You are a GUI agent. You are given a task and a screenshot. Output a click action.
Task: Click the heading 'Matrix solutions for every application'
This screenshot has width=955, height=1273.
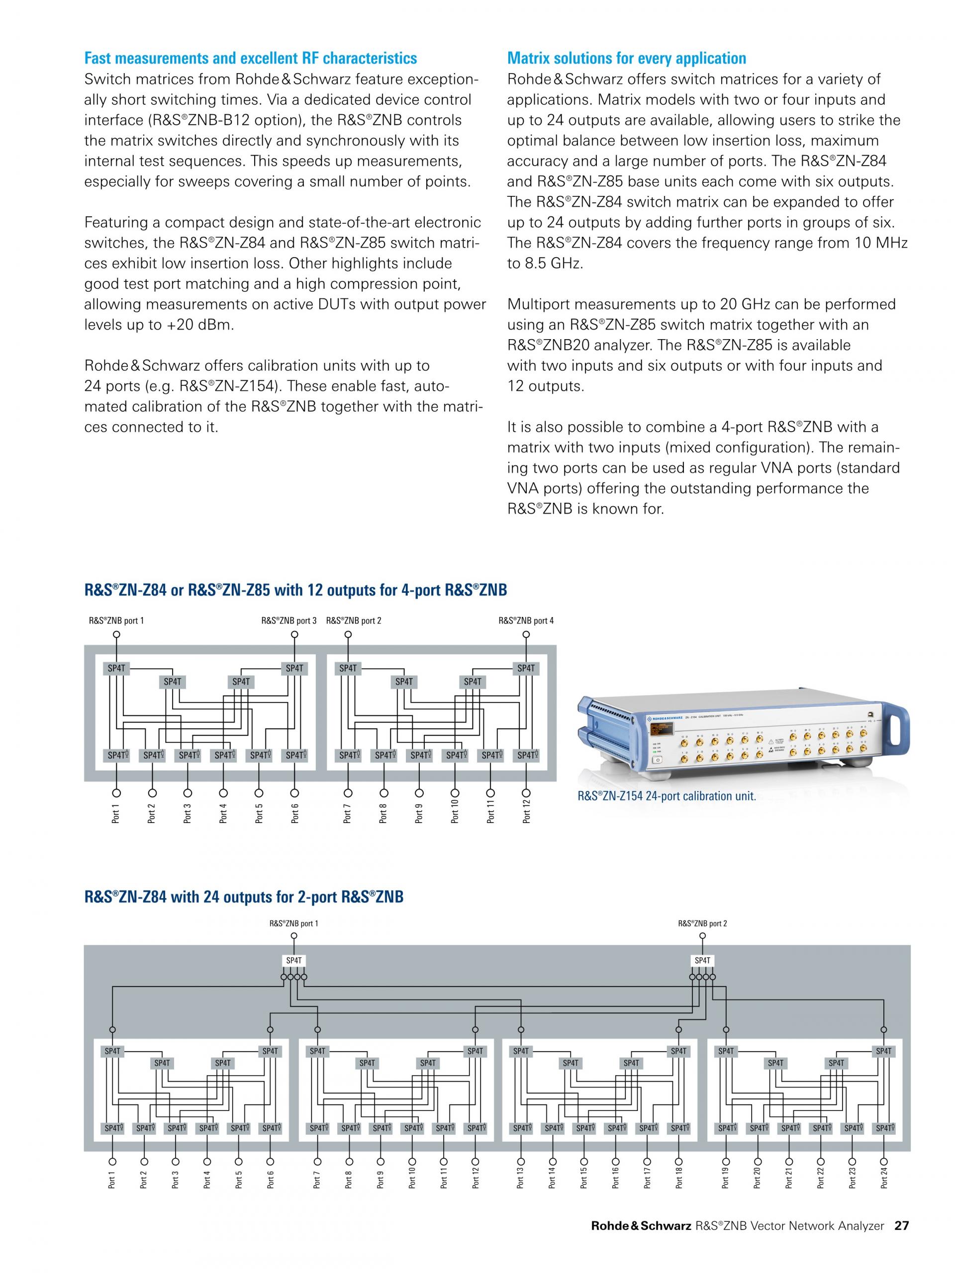(x=626, y=58)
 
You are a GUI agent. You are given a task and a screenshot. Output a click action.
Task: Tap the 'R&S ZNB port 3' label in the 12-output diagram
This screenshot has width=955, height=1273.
(x=288, y=621)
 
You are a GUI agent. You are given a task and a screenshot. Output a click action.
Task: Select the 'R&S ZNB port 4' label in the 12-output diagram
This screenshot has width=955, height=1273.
(x=526, y=621)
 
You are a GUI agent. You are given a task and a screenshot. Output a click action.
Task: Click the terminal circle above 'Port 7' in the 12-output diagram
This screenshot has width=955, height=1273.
(x=348, y=791)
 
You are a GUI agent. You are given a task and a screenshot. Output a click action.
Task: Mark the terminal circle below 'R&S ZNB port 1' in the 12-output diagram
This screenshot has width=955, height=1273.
(x=116, y=635)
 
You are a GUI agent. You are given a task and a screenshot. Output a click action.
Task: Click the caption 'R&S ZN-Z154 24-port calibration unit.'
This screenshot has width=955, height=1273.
(x=667, y=797)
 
